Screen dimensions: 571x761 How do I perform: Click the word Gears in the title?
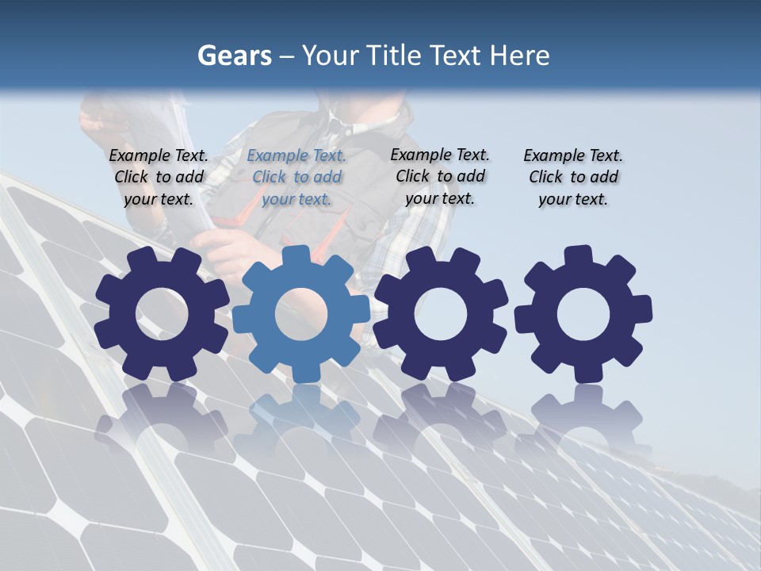(234, 56)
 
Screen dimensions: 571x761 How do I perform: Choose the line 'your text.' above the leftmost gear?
(159, 199)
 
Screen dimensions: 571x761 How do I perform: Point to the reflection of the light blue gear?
(301, 412)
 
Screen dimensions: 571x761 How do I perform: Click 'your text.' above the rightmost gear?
(572, 199)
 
